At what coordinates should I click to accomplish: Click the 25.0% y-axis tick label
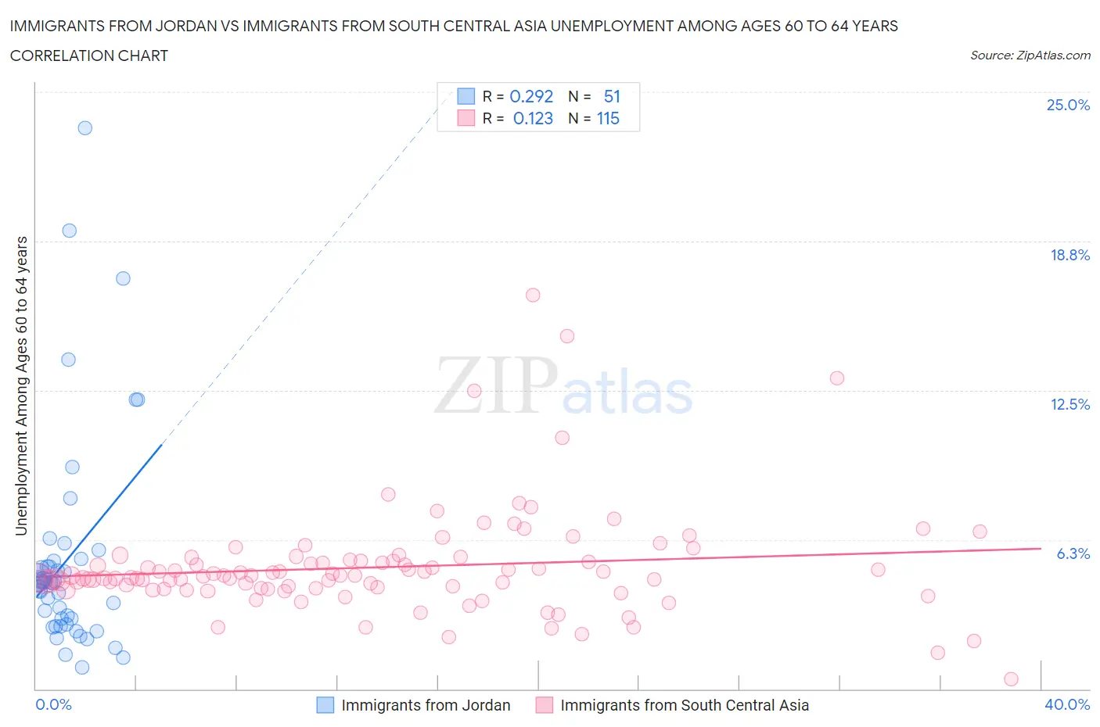coord(1068,106)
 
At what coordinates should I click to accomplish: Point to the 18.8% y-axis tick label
coord(1069,255)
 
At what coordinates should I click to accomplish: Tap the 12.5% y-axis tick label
coord(1069,404)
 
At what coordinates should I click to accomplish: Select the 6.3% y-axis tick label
coord(1073,553)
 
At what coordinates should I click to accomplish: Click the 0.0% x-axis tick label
coord(53,704)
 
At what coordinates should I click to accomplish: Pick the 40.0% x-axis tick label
coord(1067,704)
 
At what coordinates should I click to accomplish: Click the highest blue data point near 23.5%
coord(85,128)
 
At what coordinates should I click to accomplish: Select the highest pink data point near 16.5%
coord(533,295)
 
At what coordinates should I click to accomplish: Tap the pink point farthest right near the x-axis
coord(1011,679)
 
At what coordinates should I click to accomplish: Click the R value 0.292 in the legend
coord(531,96)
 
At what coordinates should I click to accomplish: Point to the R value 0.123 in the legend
coord(533,118)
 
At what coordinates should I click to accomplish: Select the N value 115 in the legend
coord(608,118)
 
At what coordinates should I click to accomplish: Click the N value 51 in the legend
coord(612,96)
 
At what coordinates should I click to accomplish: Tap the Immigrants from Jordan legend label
coord(426,705)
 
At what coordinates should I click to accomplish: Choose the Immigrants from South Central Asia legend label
coord(685,705)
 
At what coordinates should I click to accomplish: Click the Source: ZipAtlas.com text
coord(1030,56)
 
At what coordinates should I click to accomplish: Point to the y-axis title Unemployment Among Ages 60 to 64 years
coord(22,385)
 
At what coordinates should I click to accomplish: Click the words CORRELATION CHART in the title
coord(89,56)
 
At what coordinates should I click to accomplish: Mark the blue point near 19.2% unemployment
coord(70,231)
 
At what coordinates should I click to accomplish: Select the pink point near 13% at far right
coord(836,378)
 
